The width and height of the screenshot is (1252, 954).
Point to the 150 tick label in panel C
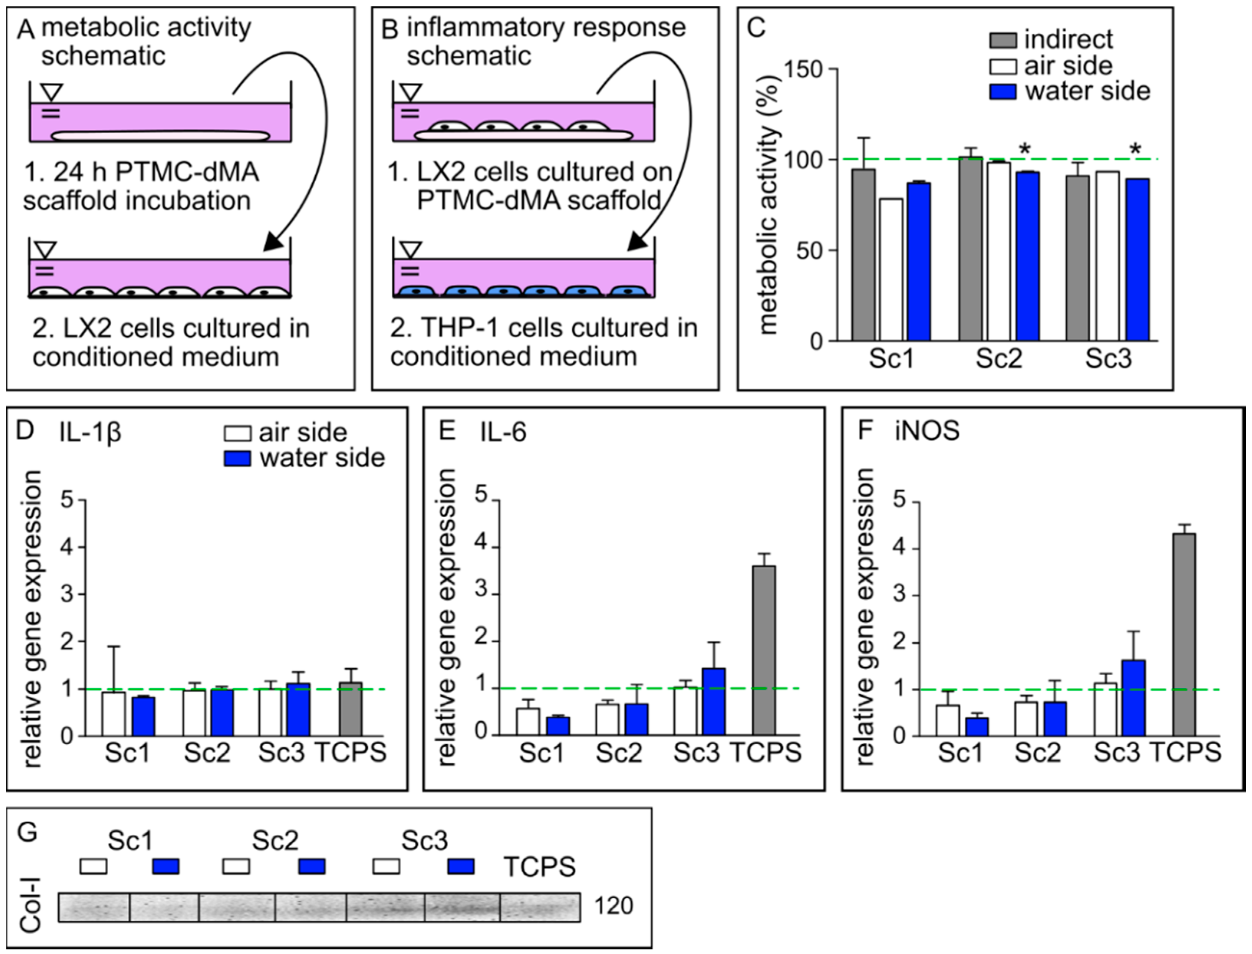pos(802,69)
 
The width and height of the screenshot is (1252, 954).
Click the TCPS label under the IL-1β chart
pos(351,752)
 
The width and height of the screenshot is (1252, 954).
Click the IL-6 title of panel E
pos(503,432)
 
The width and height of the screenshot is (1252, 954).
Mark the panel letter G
pos(27,832)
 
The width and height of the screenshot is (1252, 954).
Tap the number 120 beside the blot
pos(613,906)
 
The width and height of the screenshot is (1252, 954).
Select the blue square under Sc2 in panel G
pos(311,866)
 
